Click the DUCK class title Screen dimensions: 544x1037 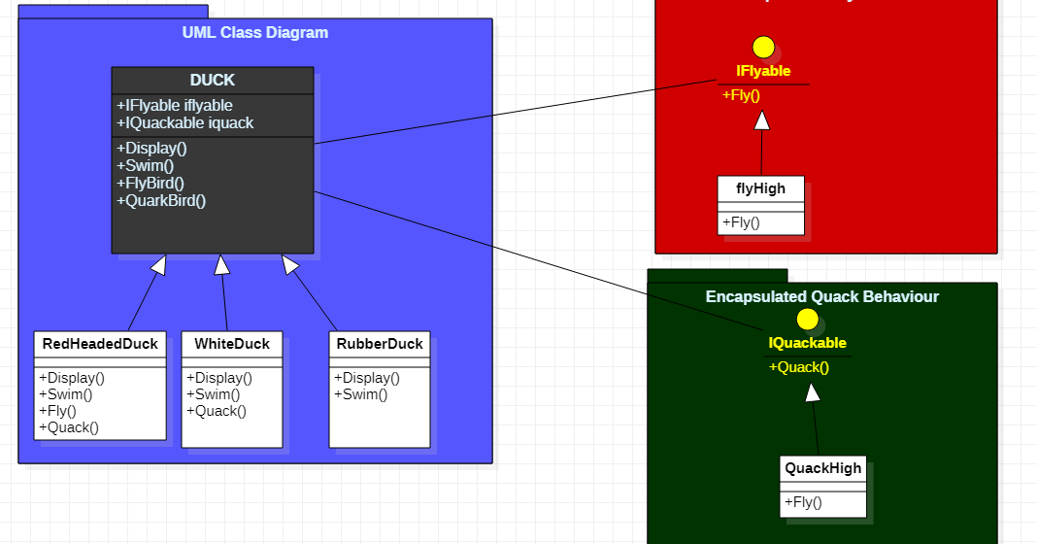point(212,81)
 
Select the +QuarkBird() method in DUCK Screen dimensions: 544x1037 point(161,201)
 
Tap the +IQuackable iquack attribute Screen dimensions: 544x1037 point(184,123)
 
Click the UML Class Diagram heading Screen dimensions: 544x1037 point(255,33)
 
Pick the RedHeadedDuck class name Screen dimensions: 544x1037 point(100,344)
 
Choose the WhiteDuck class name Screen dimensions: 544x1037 point(232,344)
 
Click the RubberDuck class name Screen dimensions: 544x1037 point(380,344)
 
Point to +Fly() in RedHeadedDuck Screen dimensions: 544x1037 point(57,411)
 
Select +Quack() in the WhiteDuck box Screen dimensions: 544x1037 point(216,411)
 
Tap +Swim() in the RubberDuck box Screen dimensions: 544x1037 point(360,394)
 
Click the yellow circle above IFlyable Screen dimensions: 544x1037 point(763,48)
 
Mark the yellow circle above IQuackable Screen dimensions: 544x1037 point(807,320)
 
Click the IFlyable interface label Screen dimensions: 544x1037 point(763,71)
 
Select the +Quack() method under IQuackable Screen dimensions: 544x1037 point(799,367)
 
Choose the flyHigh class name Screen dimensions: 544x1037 point(761,188)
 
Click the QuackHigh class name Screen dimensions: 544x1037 point(823,468)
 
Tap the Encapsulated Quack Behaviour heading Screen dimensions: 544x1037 point(821,296)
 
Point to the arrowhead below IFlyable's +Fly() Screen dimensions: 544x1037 point(762,120)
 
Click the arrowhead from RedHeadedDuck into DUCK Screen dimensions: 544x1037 point(158,264)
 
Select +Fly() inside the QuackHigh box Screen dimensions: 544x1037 point(803,502)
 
